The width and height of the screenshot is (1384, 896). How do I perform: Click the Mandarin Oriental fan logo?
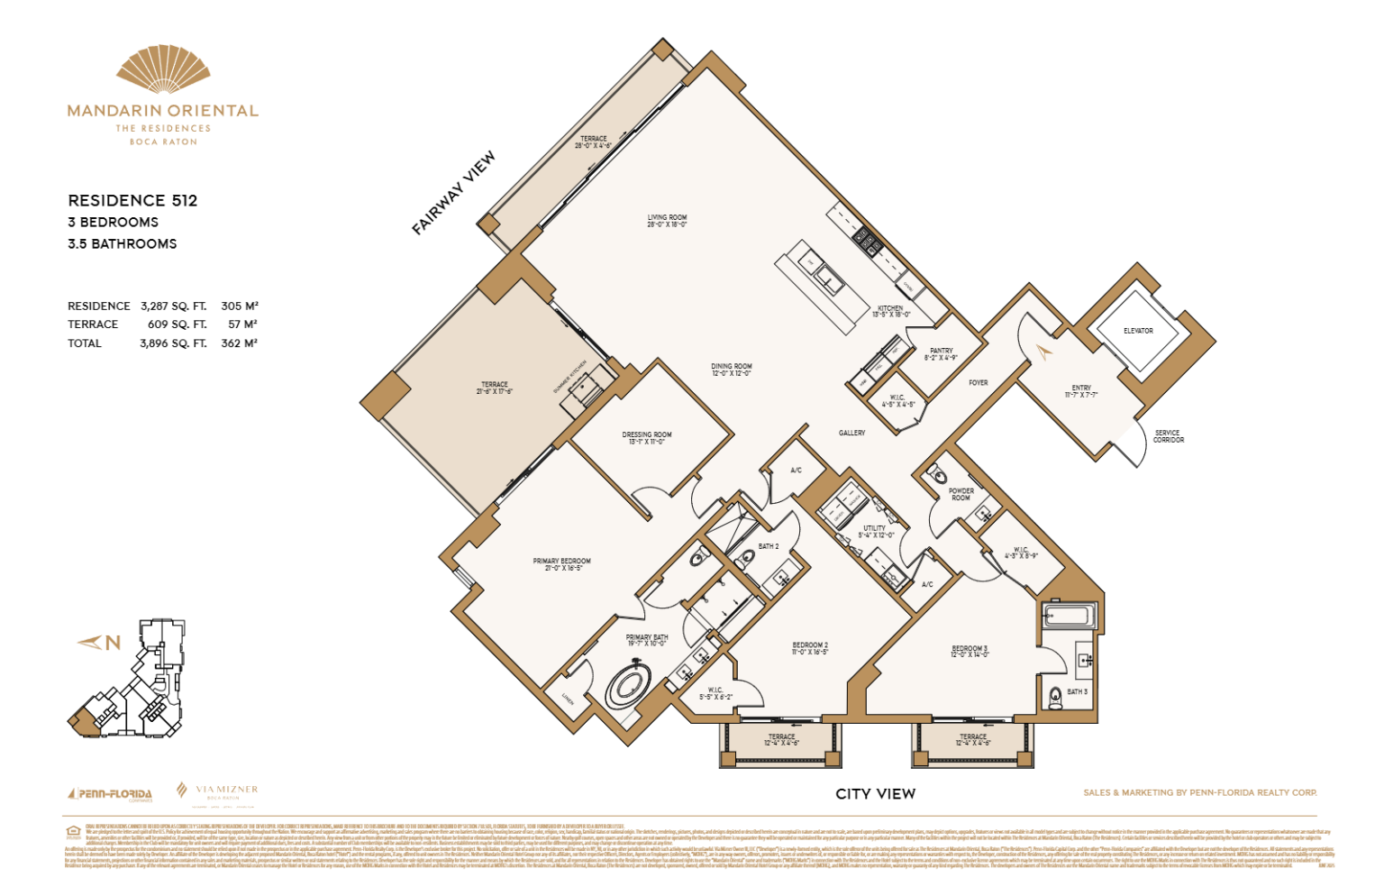[x=163, y=71]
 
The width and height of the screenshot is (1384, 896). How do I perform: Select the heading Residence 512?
[x=132, y=200]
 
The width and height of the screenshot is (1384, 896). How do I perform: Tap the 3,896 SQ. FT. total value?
[x=173, y=343]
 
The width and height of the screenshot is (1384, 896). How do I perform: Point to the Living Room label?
[x=667, y=220]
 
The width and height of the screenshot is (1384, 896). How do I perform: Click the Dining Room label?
[x=731, y=370]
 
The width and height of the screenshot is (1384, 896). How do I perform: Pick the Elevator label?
[x=1138, y=331]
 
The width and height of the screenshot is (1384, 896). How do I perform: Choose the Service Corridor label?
[x=1168, y=436]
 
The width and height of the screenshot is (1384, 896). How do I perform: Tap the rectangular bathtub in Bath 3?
[x=1068, y=617]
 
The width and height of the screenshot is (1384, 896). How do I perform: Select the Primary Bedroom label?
[x=561, y=564]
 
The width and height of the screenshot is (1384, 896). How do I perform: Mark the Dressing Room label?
[x=646, y=437]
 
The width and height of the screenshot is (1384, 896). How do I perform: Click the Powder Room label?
[x=961, y=494]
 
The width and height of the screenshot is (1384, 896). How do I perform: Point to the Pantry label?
[x=941, y=353]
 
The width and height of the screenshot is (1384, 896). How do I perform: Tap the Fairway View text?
[x=453, y=193]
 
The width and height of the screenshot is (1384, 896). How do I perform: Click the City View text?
[x=875, y=794]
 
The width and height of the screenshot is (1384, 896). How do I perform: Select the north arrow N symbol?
[x=100, y=643]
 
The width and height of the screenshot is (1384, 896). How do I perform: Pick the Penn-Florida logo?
[x=110, y=794]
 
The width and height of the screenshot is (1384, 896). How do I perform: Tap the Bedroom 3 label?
[x=970, y=651]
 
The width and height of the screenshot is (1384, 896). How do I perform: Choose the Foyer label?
[x=978, y=383]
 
